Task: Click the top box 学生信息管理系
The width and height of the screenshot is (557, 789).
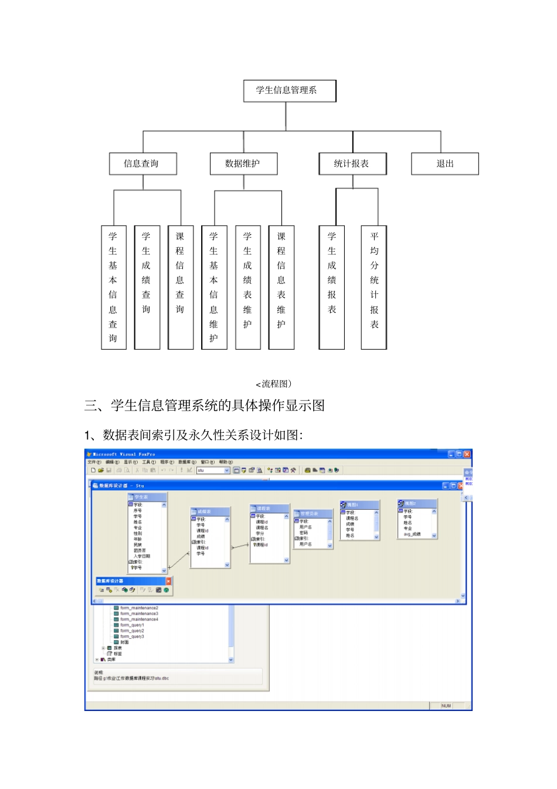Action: tap(290, 91)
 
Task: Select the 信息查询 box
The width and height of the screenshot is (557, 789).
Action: tap(142, 164)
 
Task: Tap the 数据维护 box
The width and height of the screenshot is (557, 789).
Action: tap(243, 164)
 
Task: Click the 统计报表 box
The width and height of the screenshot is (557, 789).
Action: tap(352, 164)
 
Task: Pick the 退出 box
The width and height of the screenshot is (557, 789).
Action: tap(444, 164)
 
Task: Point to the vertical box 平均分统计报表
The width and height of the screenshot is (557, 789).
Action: tap(374, 287)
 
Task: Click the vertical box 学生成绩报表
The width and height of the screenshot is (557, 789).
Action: tap(332, 287)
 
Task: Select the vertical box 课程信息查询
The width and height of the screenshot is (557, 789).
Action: tap(180, 287)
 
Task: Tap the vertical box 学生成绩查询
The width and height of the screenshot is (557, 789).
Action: tap(147, 287)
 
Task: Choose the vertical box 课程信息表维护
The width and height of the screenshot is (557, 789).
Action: tap(281, 287)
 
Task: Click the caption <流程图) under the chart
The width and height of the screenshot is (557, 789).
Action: tap(274, 384)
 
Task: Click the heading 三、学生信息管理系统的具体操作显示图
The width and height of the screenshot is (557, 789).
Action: tap(205, 405)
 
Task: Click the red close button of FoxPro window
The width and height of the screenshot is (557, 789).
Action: tap(467, 454)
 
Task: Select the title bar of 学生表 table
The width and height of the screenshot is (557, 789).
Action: tap(147, 497)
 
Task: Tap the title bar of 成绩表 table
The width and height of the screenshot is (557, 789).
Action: tap(209, 512)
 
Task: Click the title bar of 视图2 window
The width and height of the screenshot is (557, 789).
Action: tap(417, 503)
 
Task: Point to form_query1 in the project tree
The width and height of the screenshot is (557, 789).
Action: tap(132, 625)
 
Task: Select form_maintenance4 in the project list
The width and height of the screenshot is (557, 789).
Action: tap(139, 619)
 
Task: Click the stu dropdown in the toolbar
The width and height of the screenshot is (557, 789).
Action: tap(213, 470)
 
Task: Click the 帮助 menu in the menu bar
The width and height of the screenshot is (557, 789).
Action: tap(226, 462)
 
